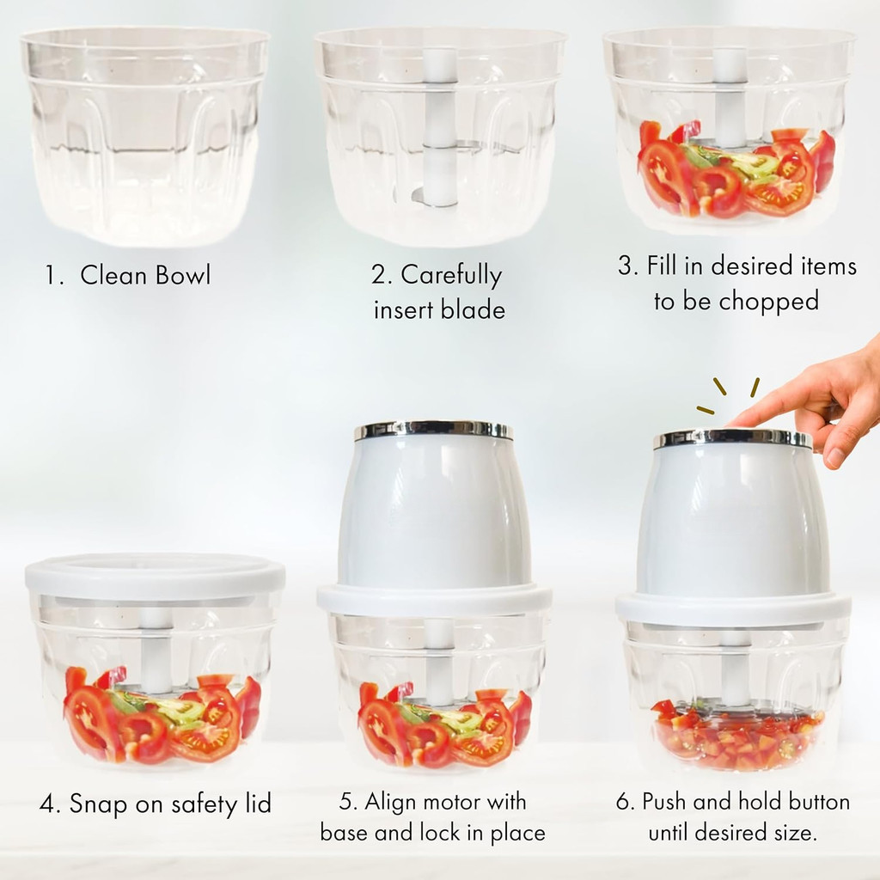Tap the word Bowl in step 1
point(183,275)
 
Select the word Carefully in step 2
point(451,276)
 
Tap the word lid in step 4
point(258,804)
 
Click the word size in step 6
point(793,833)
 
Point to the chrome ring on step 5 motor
point(433,431)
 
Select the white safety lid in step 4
point(155,577)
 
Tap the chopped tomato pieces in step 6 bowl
point(736,736)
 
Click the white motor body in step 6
point(732,519)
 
